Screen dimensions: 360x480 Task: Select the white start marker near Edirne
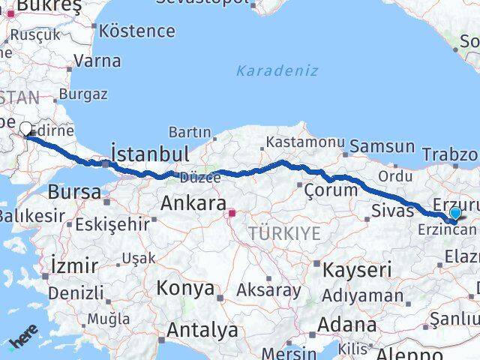(x=25, y=129)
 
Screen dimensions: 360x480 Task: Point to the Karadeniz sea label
(x=277, y=71)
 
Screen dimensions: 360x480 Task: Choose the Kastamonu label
(x=305, y=142)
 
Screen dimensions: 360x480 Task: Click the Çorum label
(x=331, y=190)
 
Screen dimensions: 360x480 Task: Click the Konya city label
(x=185, y=288)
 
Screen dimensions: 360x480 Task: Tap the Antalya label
(x=202, y=329)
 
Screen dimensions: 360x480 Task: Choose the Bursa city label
(x=74, y=192)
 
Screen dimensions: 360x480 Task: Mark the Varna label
(x=97, y=61)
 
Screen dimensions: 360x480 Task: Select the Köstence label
(x=137, y=31)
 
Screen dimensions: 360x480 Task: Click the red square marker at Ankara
(x=232, y=213)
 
